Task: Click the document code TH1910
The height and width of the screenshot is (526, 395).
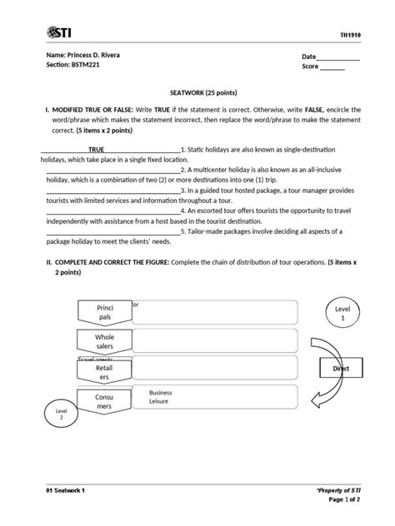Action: pyautogui.click(x=350, y=34)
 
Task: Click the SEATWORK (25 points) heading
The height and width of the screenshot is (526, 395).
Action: pyautogui.click(x=197, y=96)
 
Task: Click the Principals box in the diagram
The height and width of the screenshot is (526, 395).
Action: pyautogui.click(x=104, y=313)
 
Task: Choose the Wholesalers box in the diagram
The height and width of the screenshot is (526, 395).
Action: pyautogui.click(x=104, y=341)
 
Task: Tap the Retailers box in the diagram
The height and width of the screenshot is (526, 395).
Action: pyautogui.click(x=104, y=371)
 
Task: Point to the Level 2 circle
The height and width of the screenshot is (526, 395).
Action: pyautogui.click(x=60, y=414)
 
